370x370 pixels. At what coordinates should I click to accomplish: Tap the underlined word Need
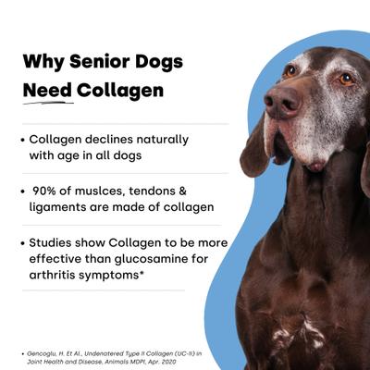click(48, 91)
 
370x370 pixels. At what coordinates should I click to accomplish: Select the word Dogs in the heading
click(158, 63)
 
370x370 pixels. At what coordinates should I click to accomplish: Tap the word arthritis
click(55, 276)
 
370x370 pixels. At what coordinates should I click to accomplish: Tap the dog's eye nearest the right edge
click(346, 79)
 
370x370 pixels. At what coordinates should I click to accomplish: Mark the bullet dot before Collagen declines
click(23, 140)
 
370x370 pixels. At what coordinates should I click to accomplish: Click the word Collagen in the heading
click(120, 91)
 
